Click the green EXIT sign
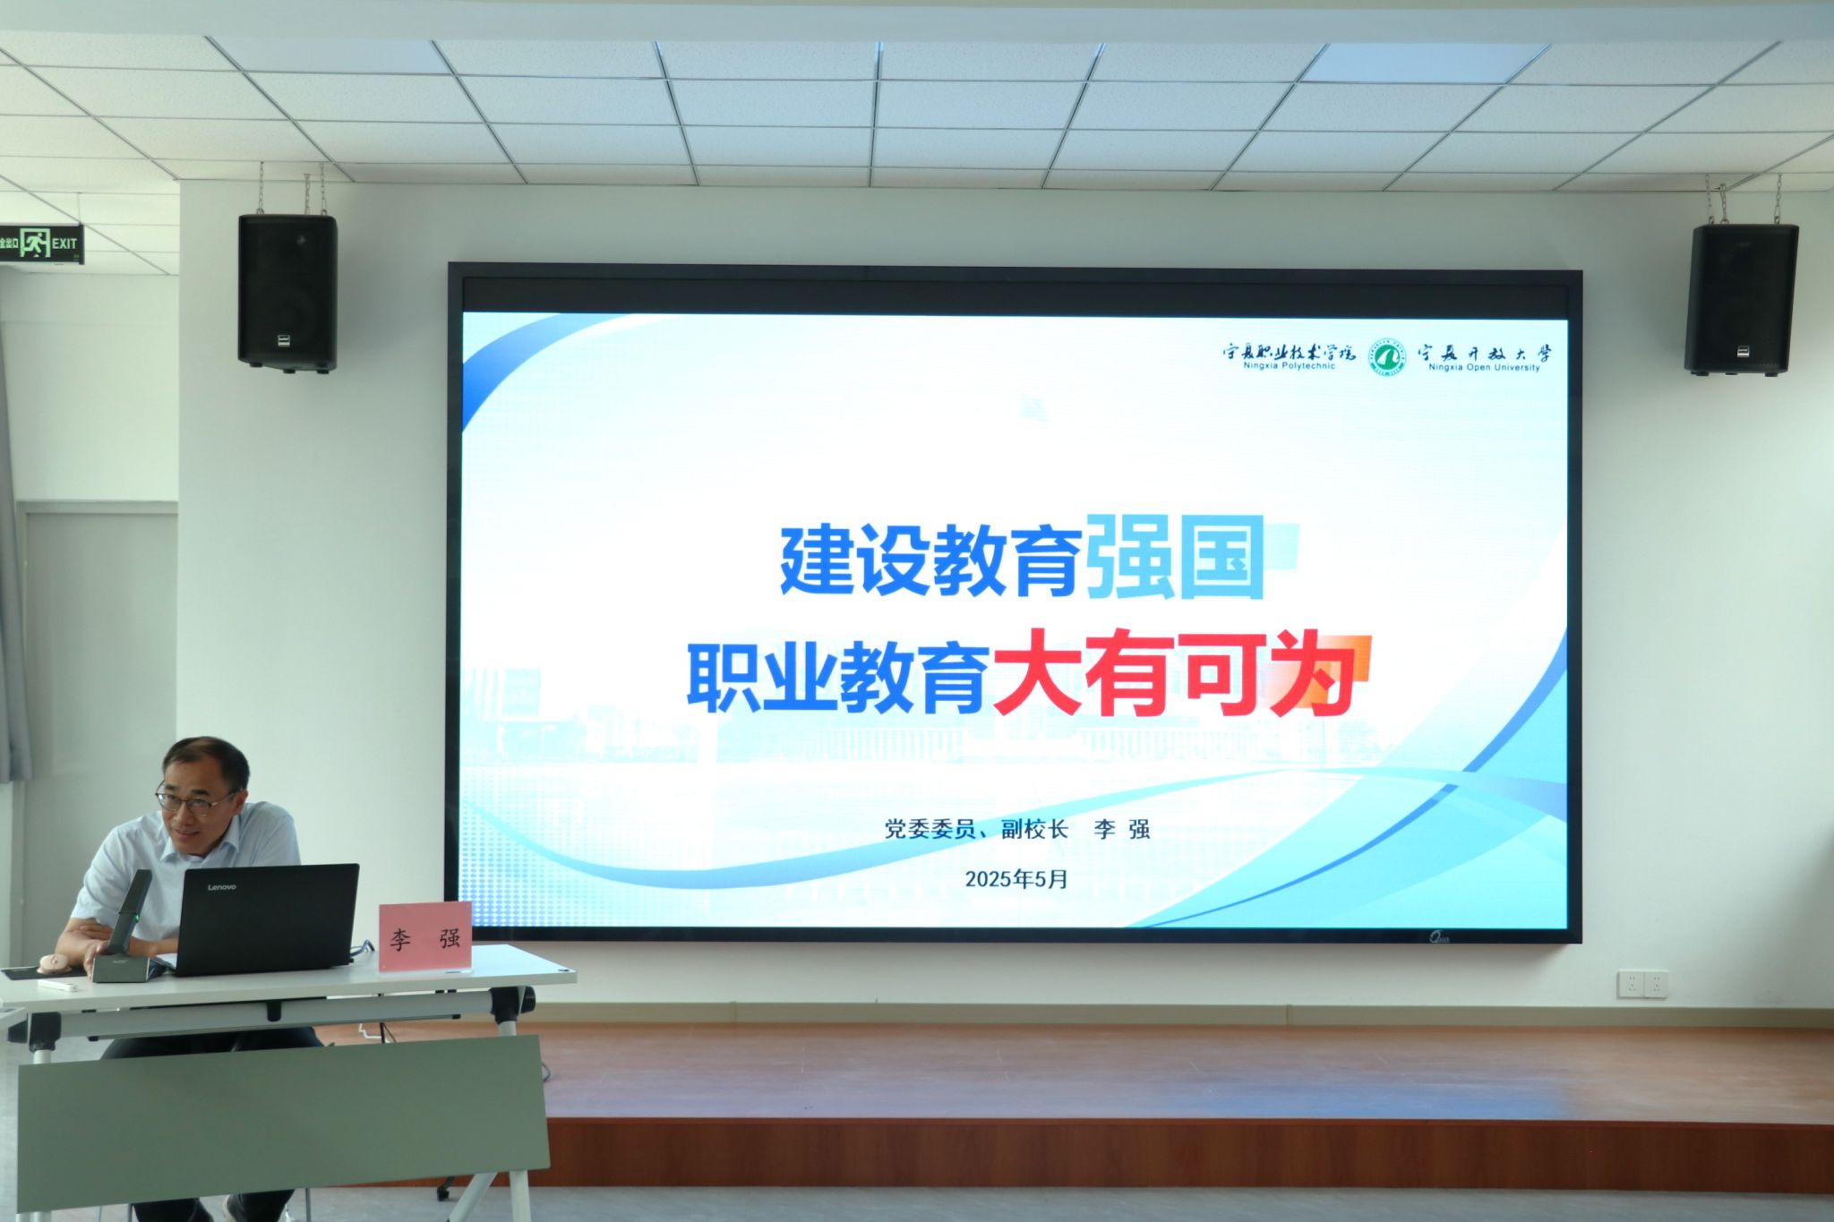(x=40, y=243)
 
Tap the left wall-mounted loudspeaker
(x=287, y=292)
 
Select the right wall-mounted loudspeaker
(x=1740, y=300)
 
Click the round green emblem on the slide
(x=1387, y=357)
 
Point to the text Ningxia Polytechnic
(x=1289, y=365)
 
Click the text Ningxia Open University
(x=1484, y=367)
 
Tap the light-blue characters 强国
(x=1174, y=558)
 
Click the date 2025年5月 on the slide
(x=1016, y=879)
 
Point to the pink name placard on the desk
(x=425, y=936)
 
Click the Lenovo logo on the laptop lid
(x=222, y=887)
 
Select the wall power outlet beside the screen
(x=1642, y=984)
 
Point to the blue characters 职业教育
(x=838, y=677)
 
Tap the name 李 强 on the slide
(x=1122, y=829)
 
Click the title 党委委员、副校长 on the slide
(x=976, y=829)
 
